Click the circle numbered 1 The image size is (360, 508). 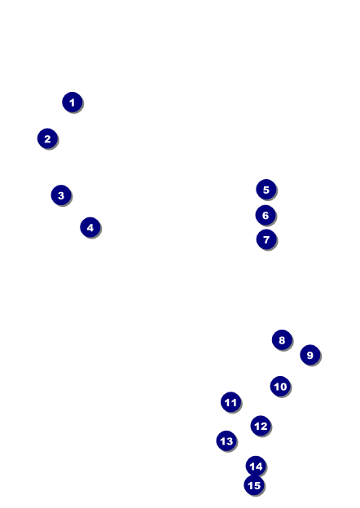coord(72,102)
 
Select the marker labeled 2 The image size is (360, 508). coord(47,138)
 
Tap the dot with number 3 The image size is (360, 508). coord(61,195)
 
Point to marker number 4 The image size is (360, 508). coord(90,227)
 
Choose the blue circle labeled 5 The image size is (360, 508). coord(266,189)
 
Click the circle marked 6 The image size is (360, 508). coord(266,215)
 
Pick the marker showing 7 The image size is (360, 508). coord(266,239)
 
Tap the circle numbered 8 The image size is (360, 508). coord(282,339)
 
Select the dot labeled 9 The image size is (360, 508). coord(310,355)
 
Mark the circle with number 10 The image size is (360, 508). coord(280,386)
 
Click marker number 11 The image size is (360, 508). coord(230,401)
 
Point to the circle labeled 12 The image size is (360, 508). coord(261,426)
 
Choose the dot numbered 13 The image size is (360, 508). coord(226,440)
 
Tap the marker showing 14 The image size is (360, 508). coord(256,466)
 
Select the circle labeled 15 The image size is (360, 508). coord(254,485)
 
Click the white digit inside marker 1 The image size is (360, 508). coord(72,103)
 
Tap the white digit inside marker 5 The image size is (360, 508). coord(266,190)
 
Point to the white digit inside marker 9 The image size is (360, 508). coord(310,355)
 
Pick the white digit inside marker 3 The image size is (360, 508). coord(61,195)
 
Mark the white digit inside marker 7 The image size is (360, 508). coord(266,239)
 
